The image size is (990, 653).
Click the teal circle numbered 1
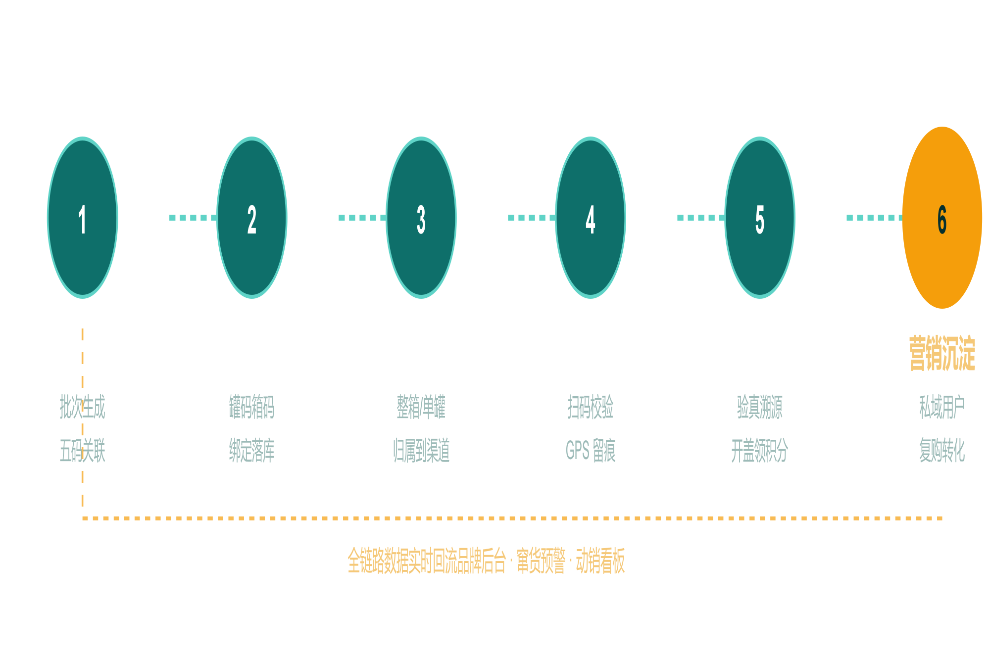[x=82, y=218]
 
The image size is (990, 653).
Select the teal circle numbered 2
[x=251, y=218]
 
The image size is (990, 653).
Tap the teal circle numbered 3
[x=421, y=218]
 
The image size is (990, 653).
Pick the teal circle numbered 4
[x=590, y=218]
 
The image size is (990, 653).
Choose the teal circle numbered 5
[x=759, y=218]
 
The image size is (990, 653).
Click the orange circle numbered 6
[x=942, y=218]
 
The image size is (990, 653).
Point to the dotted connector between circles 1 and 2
[x=193, y=218]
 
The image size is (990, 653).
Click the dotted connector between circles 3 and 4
[x=532, y=218]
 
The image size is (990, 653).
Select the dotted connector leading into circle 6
[x=875, y=218]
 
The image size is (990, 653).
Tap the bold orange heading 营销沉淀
[x=942, y=353]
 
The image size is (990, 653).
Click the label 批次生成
[x=82, y=407]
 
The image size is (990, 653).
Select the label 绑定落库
[x=251, y=450]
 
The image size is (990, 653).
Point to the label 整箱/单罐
[x=421, y=407]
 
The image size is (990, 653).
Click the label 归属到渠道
[x=421, y=450]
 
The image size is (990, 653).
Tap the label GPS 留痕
[x=590, y=450]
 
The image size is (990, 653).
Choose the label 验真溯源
[x=759, y=407]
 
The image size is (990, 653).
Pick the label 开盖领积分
[x=759, y=450]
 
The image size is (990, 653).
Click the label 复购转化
[x=942, y=450]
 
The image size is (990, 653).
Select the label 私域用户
[x=942, y=407]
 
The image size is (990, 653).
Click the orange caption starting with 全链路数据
[x=486, y=560]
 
